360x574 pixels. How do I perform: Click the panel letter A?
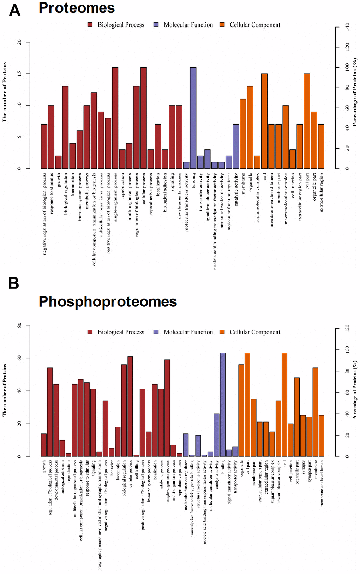(x=15, y=10)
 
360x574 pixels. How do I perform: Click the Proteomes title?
(x=77, y=8)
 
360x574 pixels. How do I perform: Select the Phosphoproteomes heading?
(x=108, y=302)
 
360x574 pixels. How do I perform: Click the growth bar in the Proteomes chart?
(x=58, y=162)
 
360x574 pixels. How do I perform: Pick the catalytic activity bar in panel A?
(x=236, y=146)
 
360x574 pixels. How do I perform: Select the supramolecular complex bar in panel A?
(x=257, y=162)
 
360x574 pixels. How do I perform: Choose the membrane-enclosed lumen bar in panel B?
(x=321, y=436)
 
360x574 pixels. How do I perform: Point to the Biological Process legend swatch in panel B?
(x=90, y=332)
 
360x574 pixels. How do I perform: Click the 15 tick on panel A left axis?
(x=19, y=73)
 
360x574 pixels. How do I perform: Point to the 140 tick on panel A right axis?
(x=347, y=27)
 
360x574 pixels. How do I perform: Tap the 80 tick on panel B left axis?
(x=19, y=325)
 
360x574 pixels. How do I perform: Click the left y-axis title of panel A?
(x=5, y=92)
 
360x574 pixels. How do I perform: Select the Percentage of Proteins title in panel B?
(x=355, y=390)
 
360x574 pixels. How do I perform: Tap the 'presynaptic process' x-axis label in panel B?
(x=100, y=515)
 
